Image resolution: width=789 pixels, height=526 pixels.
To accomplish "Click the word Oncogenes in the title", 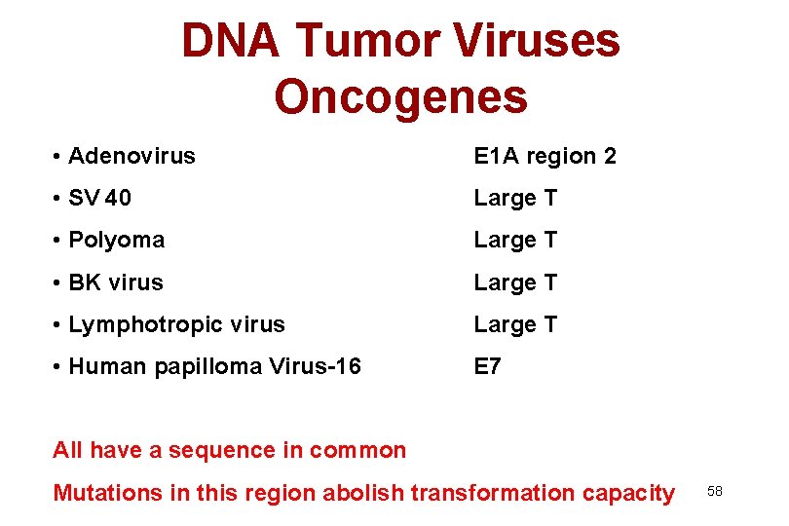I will pos(400,96).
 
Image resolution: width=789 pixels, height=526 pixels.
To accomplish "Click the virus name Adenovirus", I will pos(131,156).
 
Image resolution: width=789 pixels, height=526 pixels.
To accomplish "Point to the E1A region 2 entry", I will pos(545,156).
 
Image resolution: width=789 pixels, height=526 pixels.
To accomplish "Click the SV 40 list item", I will pos(99,199).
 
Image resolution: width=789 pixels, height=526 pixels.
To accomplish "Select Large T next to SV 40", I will pos(515,199).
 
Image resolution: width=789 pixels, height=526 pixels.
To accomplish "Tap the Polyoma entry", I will pos(116,240).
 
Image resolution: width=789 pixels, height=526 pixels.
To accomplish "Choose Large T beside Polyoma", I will pos(515,240).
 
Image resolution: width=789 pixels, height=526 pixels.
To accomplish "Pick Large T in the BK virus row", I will pos(515,282).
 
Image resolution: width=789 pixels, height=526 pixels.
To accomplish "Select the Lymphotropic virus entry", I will pos(176,324).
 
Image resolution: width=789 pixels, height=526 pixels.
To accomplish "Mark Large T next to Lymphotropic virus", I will pos(515,324).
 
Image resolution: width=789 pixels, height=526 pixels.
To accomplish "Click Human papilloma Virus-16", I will pos(214,366).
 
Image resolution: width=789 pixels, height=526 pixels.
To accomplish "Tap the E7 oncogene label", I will pos(487,366).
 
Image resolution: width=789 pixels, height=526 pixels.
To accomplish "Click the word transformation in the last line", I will pos(492,493).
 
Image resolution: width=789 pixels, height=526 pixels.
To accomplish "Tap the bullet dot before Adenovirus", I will pos(59,157).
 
